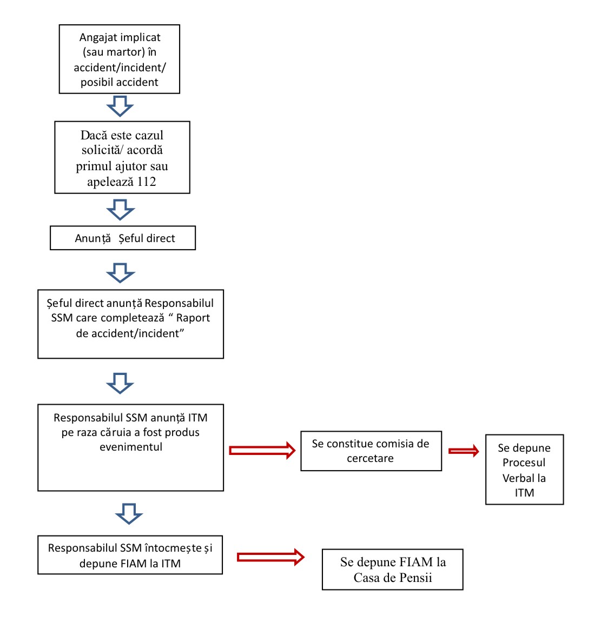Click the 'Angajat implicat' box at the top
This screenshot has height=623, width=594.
click(120, 59)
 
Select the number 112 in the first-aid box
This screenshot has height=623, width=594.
click(147, 182)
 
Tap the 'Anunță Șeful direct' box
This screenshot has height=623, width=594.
click(123, 238)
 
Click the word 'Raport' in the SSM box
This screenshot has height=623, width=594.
click(193, 318)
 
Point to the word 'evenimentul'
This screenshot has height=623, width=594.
click(131, 447)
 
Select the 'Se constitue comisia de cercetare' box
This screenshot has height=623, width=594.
click(371, 451)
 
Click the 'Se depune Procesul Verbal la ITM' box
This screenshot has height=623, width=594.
click(524, 470)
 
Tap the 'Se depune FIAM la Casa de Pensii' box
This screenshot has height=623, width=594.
click(392, 570)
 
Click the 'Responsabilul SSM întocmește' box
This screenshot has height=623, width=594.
click(130, 555)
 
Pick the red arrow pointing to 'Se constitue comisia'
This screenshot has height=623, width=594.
click(262, 451)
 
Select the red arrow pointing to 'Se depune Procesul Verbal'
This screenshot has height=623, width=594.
click(464, 451)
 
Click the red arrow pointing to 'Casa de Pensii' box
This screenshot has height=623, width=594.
click(270, 558)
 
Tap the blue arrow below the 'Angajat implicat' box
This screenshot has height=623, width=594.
click(120, 106)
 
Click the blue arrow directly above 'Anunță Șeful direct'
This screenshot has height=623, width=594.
click(121, 210)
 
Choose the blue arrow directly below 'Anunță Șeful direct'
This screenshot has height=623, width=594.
click(121, 272)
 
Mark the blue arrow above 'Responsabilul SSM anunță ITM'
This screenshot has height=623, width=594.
click(120, 384)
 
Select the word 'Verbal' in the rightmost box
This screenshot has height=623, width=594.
click(524, 478)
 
